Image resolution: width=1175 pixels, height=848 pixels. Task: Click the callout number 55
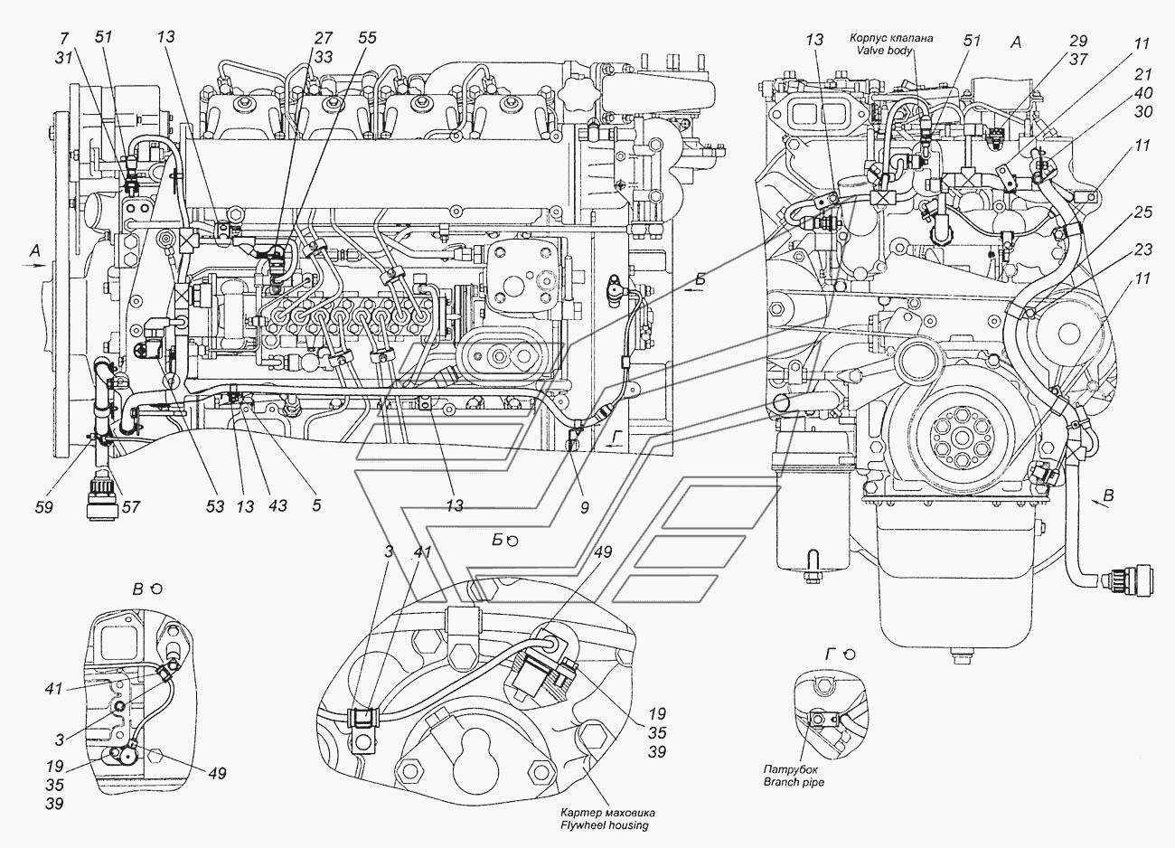tap(366, 38)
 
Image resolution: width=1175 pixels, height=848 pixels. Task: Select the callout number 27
tap(324, 38)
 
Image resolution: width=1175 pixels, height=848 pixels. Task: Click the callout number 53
tap(213, 506)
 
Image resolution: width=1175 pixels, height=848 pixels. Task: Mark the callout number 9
tap(584, 508)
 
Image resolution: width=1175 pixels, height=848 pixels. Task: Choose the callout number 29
tap(1077, 42)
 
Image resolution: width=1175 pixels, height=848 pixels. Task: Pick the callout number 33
tap(324, 55)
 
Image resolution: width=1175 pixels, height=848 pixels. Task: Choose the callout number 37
tap(1077, 59)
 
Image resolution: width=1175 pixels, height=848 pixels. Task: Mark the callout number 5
tap(315, 506)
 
